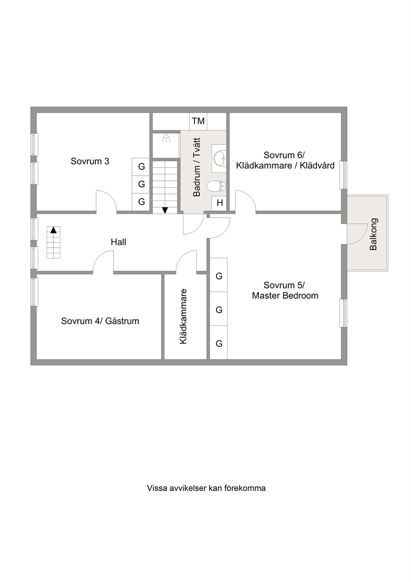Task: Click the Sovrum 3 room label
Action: click(90, 161)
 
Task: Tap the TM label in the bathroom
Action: click(198, 121)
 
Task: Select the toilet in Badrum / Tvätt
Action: click(216, 186)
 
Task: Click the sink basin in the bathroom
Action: click(220, 158)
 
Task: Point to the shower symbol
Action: click(166, 138)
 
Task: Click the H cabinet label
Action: click(220, 203)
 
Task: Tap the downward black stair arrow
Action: click(165, 210)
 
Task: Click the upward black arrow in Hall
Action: click(53, 230)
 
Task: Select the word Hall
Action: click(118, 242)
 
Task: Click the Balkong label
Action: click(373, 234)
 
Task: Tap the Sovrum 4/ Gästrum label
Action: click(100, 321)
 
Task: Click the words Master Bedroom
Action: click(285, 296)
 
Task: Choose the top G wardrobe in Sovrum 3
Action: click(141, 166)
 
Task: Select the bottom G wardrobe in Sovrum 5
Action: click(219, 343)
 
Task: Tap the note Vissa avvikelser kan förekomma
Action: click(206, 488)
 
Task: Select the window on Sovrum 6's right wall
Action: click(343, 175)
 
